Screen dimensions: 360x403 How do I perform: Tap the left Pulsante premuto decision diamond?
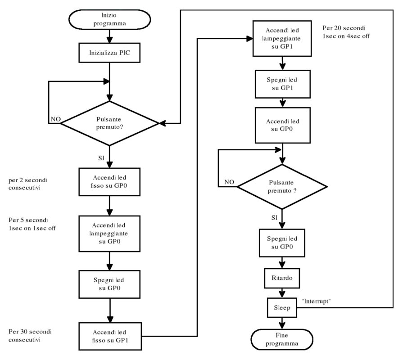[109, 123]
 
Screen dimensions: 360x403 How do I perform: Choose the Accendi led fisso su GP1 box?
[109, 336]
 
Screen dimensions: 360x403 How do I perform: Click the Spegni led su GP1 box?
[282, 83]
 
